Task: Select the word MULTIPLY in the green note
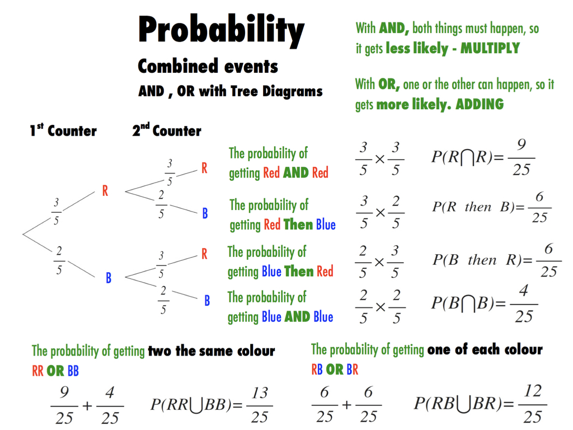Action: (490, 48)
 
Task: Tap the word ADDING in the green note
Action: (480, 104)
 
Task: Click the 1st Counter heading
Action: (63, 130)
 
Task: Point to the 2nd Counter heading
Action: (167, 130)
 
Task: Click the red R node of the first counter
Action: (105, 190)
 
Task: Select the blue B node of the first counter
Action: (109, 278)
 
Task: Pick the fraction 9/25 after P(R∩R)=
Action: (522, 157)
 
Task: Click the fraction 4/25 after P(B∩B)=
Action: (524, 304)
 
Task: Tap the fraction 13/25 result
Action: (260, 405)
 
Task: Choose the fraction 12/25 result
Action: (533, 404)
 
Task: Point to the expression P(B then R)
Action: (477, 260)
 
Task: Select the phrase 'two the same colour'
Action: (211, 351)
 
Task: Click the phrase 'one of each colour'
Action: (485, 349)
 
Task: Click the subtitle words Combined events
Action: (208, 66)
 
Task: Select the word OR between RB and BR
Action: (335, 370)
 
